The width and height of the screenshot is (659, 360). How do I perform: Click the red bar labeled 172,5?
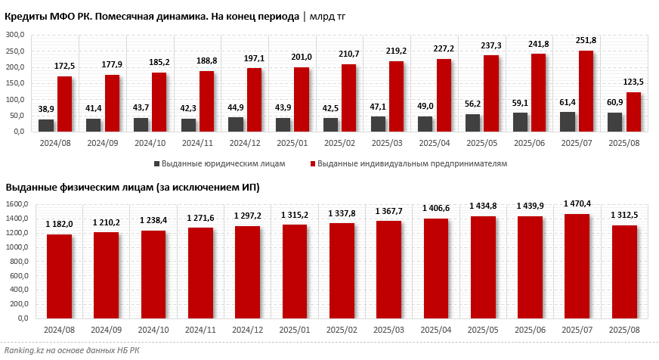(x=65, y=104)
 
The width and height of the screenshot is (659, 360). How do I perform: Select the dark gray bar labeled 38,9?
(x=46, y=125)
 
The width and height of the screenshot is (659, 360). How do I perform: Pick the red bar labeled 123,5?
(x=633, y=112)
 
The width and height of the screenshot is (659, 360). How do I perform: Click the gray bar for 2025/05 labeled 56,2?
(x=472, y=123)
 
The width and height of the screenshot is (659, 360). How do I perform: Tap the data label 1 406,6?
(x=436, y=208)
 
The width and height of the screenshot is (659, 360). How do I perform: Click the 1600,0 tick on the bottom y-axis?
(x=17, y=204)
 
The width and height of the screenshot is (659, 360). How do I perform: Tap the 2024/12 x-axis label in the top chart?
(x=244, y=142)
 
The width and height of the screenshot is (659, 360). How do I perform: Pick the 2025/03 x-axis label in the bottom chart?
(x=388, y=330)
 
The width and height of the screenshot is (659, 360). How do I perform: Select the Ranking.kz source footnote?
(x=73, y=350)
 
